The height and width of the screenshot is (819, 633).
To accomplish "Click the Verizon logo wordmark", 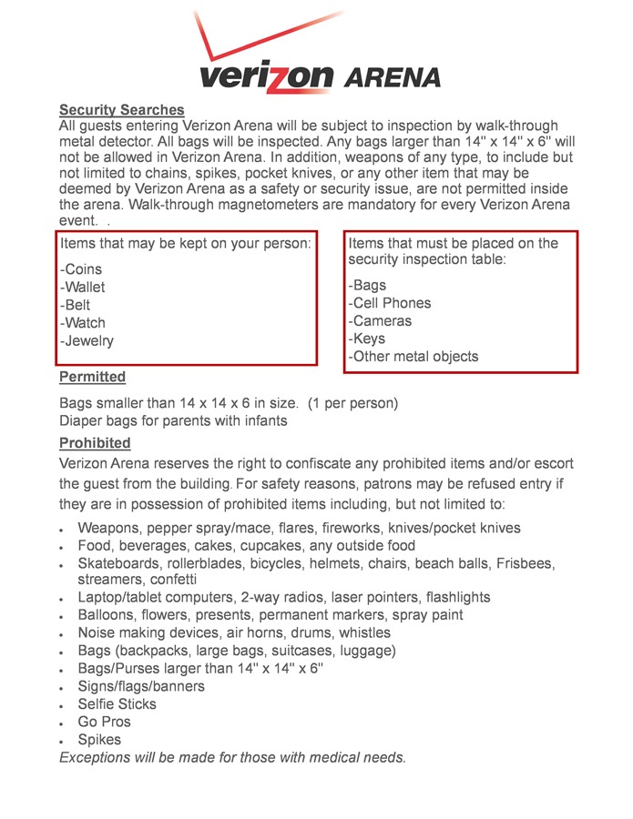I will pyautogui.click(x=266, y=76).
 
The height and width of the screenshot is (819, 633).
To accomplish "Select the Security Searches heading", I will pyautogui.click(x=122, y=110).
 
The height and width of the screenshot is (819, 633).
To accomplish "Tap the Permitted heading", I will pyautogui.click(x=93, y=377).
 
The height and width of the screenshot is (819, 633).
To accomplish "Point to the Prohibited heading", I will pyautogui.click(x=96, y=443).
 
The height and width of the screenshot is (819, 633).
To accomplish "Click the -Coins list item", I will pyautogui.click(x=81, y=269).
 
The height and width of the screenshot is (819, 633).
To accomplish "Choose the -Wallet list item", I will pyautogui.click(x=83, y=288).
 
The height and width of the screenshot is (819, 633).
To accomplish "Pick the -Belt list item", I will pyautogui.click(x=76, y=306).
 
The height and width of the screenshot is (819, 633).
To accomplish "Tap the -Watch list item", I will pyautogui.click(x=83, y=323).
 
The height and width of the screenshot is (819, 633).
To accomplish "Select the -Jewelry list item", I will pyautogui.click(x=87, y=341).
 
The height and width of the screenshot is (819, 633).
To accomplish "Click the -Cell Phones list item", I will pyautogui.click(x=390, y=303).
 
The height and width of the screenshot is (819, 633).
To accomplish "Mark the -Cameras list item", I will pyautogui.click(x=380, y=321).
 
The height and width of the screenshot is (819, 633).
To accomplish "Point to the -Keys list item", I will pyautogui.click(x=367, y=339).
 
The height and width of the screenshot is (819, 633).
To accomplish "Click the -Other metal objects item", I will pyautogui.click(x=413, y=357).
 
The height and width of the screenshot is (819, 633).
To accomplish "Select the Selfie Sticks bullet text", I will pyautogui.click(x=117, y=704).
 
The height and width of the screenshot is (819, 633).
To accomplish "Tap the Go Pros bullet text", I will pyautogui.click(x=105, y=722).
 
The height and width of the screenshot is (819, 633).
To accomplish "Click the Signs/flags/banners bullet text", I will pyautogui.click(x=141, y=686).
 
